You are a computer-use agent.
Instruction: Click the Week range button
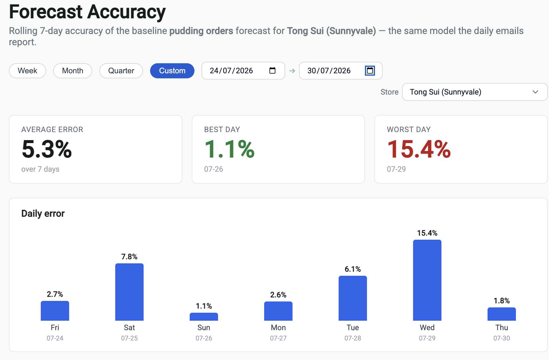27,71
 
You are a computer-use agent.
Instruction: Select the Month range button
73,71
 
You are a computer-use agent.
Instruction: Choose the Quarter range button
121,71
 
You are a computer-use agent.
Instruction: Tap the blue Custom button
172,71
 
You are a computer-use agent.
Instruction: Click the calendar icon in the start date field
272,70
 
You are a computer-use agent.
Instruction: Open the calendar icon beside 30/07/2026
370,70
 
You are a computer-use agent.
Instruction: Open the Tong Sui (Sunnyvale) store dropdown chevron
535,92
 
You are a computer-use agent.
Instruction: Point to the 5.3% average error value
47,149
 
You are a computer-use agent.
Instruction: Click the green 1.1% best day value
229,149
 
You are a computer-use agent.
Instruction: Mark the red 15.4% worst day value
419,149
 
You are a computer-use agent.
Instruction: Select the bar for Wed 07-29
427,280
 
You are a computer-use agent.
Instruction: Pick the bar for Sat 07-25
129,292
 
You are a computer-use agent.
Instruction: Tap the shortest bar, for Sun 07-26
204,317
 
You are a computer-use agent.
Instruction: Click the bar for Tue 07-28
353,298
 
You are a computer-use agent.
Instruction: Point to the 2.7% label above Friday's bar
55,294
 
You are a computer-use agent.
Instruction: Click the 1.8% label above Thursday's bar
502,301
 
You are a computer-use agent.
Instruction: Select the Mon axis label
278,327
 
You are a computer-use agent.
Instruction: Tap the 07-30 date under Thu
502,338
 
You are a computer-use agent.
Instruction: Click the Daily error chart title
43,213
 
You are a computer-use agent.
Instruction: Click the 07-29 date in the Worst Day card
396,169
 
